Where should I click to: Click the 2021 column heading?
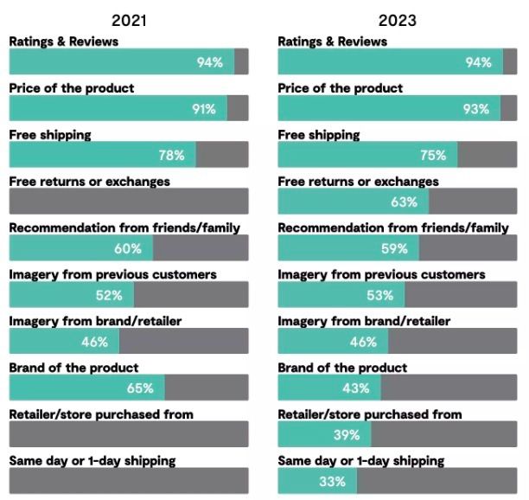(129, 20)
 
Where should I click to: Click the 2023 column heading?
(397, 20)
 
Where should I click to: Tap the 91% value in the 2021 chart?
(205, 109)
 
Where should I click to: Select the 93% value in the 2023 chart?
(475, 109)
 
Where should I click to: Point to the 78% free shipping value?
(171, 156)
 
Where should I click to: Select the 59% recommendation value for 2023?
(394, 249)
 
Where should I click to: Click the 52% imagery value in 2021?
(109, 295)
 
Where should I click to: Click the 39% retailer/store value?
(347, 435)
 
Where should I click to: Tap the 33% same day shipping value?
(332, 482)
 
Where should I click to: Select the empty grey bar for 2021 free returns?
(129, 202)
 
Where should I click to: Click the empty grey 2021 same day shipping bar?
(129, 481)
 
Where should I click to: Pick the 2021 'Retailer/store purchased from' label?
(101, 414)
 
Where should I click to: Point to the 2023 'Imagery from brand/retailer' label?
(364, 321)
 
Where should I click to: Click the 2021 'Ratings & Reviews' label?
(64, 42)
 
